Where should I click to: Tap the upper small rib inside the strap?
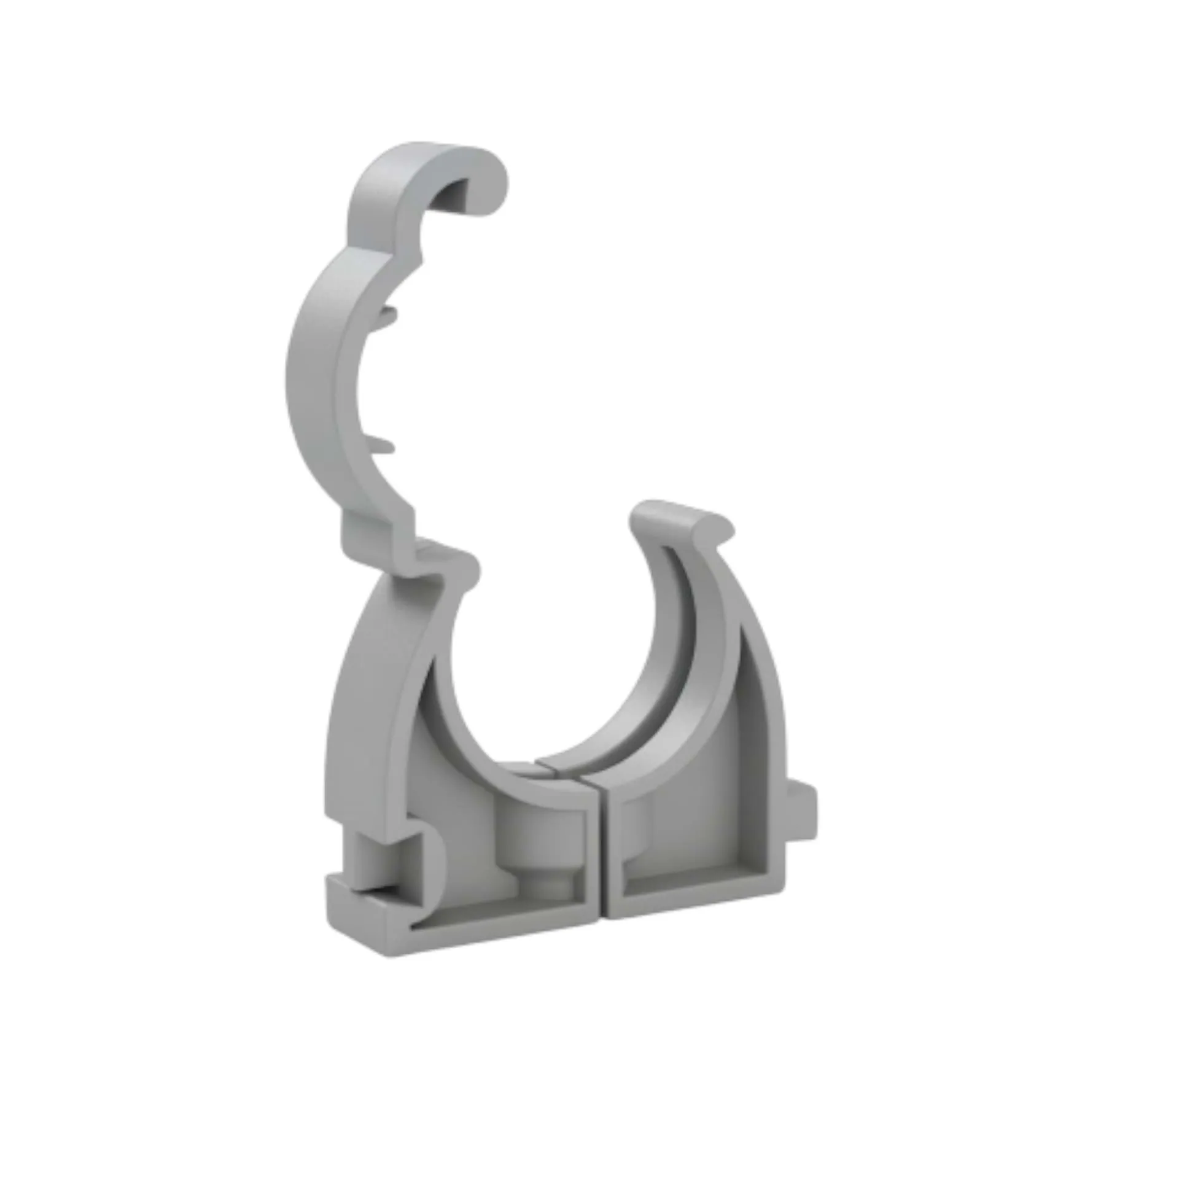387,316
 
